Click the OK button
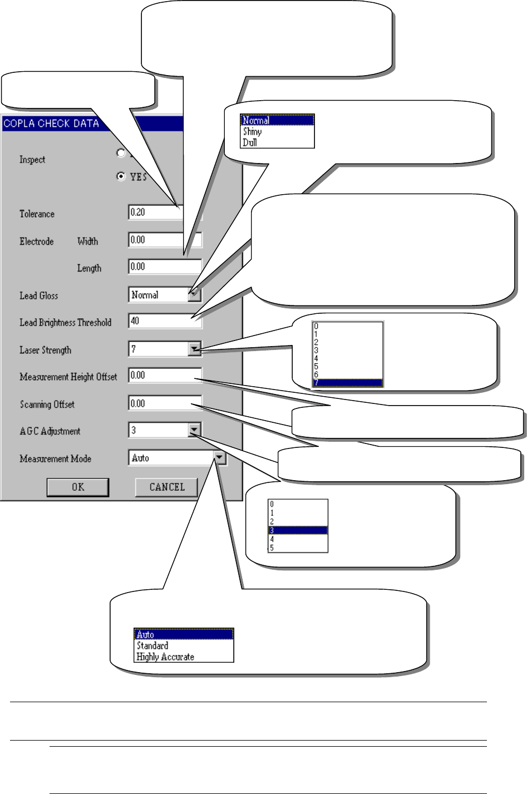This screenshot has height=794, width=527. click(x=78, y=487)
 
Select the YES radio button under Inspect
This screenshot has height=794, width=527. click(x=121, y=176)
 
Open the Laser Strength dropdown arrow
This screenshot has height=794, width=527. click(x=194, y=349)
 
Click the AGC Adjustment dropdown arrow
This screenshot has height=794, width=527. click(x=194, y=430)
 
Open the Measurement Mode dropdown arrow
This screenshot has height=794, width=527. click(x=219, y=458)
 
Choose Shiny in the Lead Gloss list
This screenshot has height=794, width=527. click(x=253, y=132)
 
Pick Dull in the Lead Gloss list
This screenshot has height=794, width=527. click(x=250, y=142)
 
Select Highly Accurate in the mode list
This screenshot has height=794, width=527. click(x=165, y=657)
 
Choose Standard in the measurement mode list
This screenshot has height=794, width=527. click(x=152, y=645)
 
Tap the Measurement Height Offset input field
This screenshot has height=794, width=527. click(x=161, y=376)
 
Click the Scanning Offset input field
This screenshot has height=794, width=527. click(x=161, y=403)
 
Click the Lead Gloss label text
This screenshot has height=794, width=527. click(x=39, y=295)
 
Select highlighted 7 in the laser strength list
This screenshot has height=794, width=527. click(x=348, y=383)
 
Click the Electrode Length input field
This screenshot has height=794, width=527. click(x=161, y=267)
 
